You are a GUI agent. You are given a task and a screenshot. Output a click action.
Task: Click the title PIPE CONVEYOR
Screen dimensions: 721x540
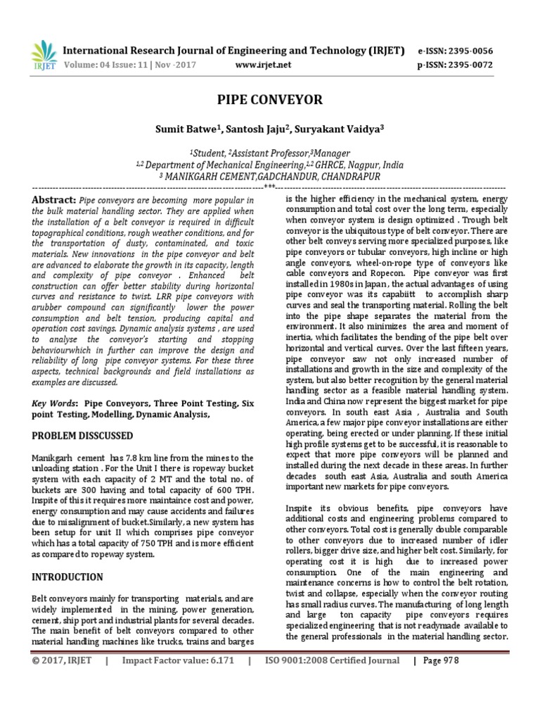click(x=270, y=99)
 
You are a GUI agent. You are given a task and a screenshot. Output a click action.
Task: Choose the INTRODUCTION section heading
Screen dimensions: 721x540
click(x=67, y=577)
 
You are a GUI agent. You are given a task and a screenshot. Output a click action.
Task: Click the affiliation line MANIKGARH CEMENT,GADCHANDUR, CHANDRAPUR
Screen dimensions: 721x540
click(x=270, y=176)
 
